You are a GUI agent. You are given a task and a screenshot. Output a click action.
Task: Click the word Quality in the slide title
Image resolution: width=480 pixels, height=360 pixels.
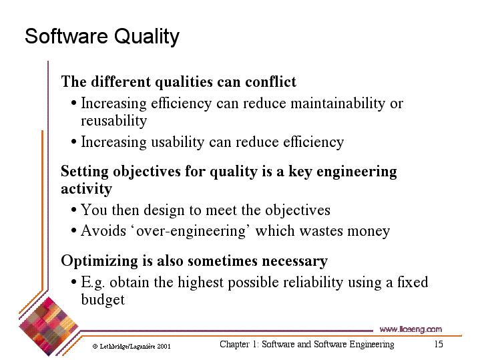click(147, 37)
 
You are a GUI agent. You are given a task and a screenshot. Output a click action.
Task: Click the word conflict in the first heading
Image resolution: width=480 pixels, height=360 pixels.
click(270, 81)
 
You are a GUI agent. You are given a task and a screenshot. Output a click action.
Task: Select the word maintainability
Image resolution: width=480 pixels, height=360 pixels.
click(338, 104)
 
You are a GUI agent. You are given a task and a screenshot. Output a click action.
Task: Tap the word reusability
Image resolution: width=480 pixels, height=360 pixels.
click(114, 121)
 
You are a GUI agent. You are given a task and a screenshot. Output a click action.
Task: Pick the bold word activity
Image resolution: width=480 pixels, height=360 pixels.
click(86, 189)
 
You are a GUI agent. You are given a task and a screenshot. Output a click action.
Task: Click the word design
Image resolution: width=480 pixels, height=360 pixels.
click(164, 211)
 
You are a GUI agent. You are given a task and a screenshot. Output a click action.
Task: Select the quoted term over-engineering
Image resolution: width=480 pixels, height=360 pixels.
click(190, 231)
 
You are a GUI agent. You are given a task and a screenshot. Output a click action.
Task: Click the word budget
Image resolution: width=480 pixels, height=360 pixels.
click(103, 299)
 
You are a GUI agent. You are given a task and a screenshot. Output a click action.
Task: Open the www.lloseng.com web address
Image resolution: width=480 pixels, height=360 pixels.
click(411, 329)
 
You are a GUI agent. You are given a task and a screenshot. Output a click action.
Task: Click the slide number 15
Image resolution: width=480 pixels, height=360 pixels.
click(439, 344)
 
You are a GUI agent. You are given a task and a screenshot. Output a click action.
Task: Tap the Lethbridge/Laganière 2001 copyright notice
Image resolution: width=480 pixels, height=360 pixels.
click(132, 347)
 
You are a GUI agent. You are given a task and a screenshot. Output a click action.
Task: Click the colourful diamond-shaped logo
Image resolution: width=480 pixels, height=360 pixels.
click(48, 327)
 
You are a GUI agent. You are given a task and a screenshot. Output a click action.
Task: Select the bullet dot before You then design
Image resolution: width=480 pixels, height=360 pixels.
click(73, 210)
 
